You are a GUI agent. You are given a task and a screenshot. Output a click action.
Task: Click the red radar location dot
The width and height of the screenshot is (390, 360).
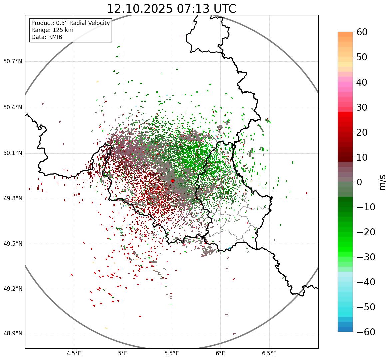tap(172, 181)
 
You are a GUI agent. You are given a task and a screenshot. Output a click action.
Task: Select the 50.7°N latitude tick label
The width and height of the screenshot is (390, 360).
tap(12, 62)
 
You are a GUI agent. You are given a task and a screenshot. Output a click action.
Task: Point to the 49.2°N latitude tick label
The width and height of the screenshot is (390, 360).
tap(12, 289)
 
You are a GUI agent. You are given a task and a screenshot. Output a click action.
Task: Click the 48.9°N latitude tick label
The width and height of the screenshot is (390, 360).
tap(12, 334)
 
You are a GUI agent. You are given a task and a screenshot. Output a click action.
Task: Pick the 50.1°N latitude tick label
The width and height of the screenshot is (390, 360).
tap(12, 153)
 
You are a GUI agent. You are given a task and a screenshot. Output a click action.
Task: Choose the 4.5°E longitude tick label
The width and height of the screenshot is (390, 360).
tap(74, 353)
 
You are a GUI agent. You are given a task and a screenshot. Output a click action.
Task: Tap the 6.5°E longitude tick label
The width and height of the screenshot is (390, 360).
tap(269, 353)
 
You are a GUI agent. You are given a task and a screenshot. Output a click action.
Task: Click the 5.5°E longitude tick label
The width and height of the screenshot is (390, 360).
tap(172, 353)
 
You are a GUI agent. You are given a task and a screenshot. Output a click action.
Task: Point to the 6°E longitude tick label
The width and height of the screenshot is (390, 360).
tap(220, 353)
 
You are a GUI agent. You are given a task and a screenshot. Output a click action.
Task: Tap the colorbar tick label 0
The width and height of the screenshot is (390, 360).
tap(359, 182)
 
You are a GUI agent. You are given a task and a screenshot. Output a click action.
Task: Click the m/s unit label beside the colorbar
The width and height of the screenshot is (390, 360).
tap(382, 182)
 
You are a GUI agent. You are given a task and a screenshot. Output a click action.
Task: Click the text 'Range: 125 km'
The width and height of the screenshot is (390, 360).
tap(52, 30)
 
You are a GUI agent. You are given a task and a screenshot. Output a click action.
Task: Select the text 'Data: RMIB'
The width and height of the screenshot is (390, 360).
tap(47, 37)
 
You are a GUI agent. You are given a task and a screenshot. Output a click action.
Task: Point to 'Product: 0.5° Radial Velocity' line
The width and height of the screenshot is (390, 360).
tap(70, 23)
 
